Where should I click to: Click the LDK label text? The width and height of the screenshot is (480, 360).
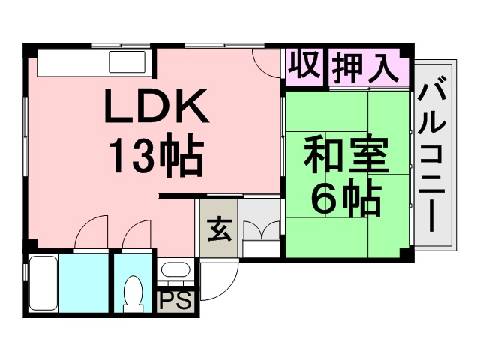(x=157, y=106)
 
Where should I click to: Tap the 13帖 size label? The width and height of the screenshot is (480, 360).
(x=157, y=155)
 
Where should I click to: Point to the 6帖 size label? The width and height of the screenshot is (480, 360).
(x=346, y=196)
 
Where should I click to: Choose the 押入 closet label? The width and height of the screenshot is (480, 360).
(x=365, y=67)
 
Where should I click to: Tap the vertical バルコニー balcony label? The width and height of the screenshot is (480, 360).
(x=432, y=157)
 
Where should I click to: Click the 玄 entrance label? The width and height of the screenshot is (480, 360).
(x=218, y=229)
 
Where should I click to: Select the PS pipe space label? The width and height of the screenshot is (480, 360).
(x=175, y=301)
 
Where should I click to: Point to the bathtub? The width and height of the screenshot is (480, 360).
(x=43, y=283)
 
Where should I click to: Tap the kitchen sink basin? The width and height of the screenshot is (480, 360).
(x=127, y=62)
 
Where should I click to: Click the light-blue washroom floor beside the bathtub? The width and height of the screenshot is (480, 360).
(x=84, y=283)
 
